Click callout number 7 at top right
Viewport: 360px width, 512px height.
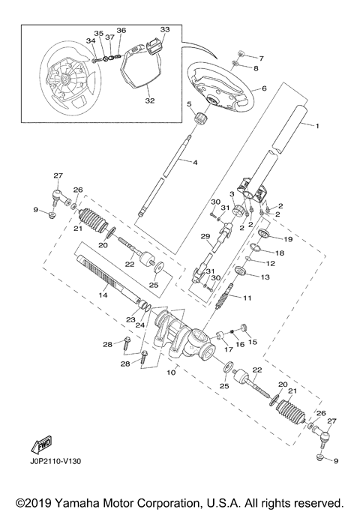tap(261, 57)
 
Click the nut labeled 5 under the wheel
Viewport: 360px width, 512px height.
tap(200, 118)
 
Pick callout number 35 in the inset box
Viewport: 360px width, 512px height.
tap(97, 34)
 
